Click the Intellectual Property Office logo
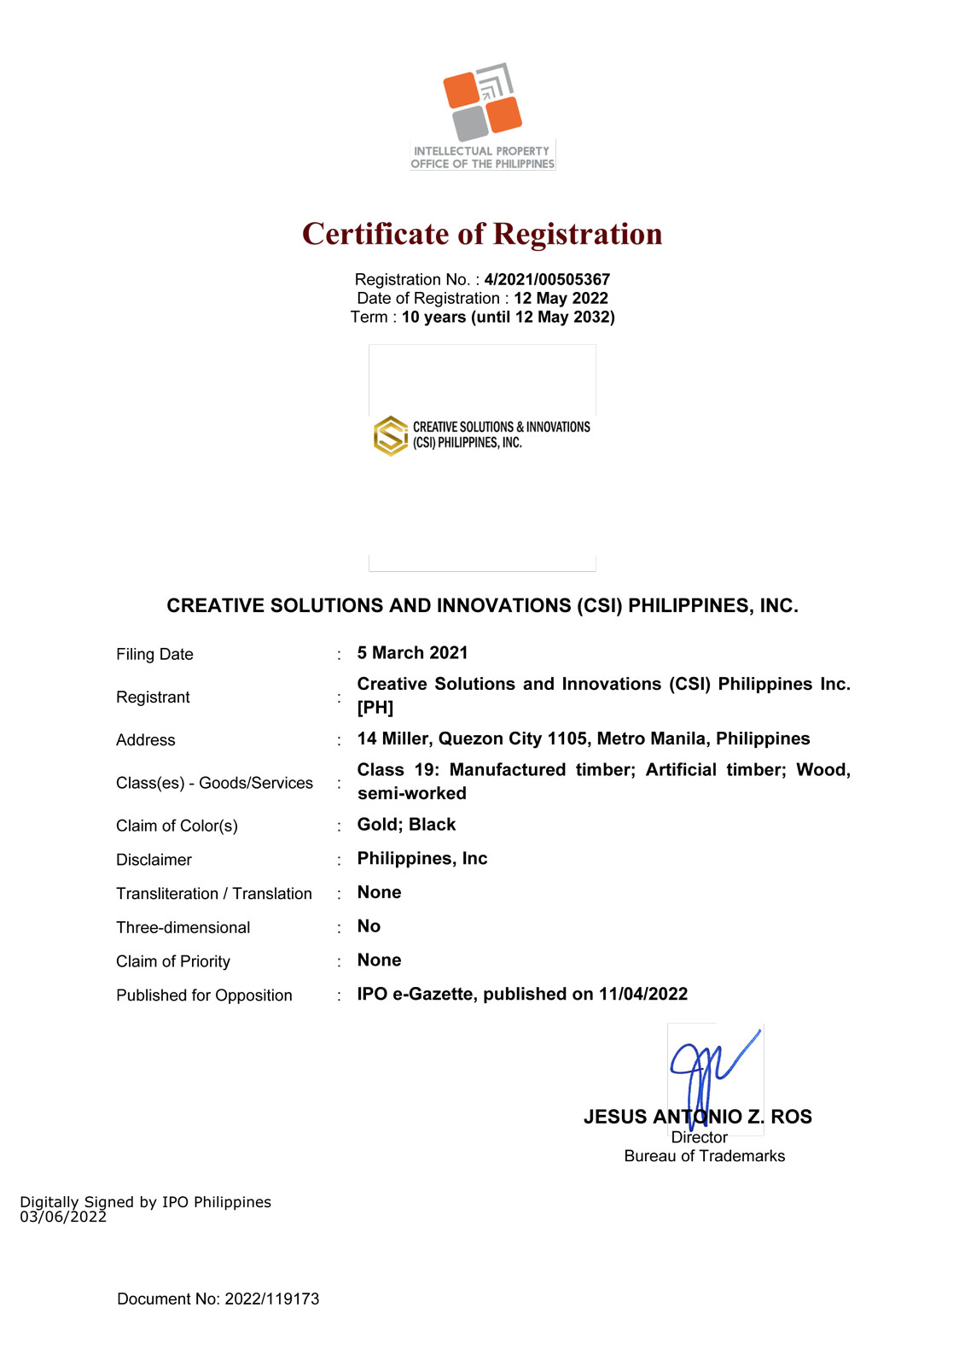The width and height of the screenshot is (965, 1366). click(482, 115)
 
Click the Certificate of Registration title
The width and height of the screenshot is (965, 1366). click(482, 234)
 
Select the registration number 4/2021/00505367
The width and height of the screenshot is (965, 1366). click(547, 279)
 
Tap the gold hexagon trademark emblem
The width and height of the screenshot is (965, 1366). click(391, 435)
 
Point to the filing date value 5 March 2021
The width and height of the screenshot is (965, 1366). click(412, 653)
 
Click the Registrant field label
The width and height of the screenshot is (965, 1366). click(153, 698)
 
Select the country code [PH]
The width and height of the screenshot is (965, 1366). click(375, 708)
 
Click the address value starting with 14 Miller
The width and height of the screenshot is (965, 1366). click(583, 738)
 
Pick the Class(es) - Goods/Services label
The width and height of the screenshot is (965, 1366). click(214, 783)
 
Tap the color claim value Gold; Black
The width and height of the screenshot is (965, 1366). click(406, 825)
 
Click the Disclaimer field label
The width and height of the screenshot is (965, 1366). click(154, 860)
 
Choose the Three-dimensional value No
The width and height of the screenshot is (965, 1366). click(369, 926)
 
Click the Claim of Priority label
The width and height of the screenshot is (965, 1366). click(173, 961)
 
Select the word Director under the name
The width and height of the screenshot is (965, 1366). click(699, 1137)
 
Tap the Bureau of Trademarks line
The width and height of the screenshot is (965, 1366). click(704, 1156)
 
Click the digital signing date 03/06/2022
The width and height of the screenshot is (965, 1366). click(63, 1217)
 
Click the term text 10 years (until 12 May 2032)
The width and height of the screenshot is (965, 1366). click(508, 317)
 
